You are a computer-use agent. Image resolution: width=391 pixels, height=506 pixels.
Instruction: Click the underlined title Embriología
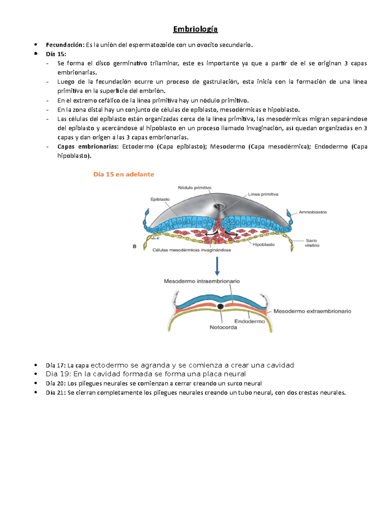[195, 29]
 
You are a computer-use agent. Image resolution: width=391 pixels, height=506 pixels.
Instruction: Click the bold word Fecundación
[65, 45]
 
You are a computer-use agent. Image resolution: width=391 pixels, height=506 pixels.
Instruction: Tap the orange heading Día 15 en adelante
[123, 174]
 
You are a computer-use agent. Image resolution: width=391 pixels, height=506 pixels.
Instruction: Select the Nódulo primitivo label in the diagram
[195, 188]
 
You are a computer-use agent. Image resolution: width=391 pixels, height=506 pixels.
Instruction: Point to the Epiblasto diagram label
[160, 199]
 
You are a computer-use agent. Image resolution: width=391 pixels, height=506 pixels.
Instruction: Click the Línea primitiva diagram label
[263, 194]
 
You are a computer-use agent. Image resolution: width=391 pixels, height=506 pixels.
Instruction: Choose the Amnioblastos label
[313, 212]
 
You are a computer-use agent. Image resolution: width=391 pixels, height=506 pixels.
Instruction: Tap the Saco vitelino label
[312, 243]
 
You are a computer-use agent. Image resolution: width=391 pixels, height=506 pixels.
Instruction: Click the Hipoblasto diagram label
[264, 244]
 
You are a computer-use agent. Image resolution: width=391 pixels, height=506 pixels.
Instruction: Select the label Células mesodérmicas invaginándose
[192, 250]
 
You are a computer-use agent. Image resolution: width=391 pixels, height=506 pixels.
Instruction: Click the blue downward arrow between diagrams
[217, 266]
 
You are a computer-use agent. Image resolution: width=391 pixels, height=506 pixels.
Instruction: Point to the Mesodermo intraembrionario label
[202, 281]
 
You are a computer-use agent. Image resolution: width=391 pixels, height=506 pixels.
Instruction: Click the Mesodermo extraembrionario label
[312, 311]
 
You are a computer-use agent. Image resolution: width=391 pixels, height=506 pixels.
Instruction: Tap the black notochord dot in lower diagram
[221, 306]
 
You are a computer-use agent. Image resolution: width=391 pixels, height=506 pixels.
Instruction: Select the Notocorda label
[223, 327]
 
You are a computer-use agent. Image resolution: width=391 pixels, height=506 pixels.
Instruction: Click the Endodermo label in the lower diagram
[250, 321]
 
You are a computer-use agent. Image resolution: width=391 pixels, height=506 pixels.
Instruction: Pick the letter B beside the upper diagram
[135, 247]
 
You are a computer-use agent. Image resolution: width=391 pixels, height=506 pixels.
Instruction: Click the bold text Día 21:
[56, 393]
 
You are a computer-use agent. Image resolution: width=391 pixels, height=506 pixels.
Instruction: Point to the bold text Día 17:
[56, 365]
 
